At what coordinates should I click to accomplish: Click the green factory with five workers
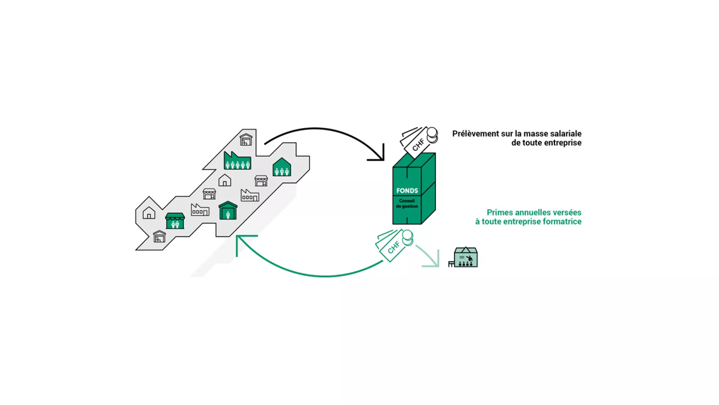point(237,161)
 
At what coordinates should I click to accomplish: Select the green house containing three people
point(282,167)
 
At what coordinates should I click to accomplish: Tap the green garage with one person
point(228,211)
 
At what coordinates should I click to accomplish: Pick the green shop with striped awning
point(175,221)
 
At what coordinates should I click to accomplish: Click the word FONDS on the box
point(407,190)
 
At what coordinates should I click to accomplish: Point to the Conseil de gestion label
point(407,204)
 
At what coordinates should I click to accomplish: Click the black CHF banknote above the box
point(416,142)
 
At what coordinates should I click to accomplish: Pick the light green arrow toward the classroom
point(429,257)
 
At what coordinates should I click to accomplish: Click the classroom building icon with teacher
point(465,257)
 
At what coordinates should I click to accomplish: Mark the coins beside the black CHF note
point(432,135)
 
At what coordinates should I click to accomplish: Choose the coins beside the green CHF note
point(407,238)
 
